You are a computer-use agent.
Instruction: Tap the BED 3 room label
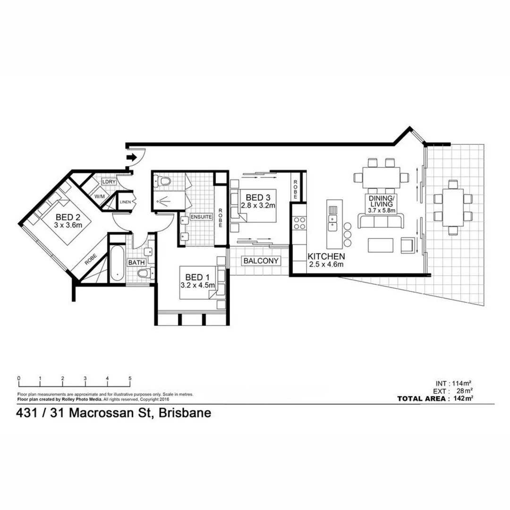tap(254, 197)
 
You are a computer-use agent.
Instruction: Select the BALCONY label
tap(261, 261)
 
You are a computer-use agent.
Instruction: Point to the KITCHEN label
tap(326, 256)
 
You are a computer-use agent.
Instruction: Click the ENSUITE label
tap(202, 217)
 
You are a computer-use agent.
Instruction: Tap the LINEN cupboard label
tap(125, 202)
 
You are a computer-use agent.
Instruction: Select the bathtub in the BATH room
tap(117, 263)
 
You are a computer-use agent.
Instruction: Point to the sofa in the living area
tap(381, 221)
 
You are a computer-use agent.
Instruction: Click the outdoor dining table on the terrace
tap(453, 208)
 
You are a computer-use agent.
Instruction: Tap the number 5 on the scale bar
tap(129, 378)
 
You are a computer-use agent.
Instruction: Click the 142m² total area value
tap(463, 399)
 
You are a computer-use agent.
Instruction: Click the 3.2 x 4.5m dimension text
tap(198, 285)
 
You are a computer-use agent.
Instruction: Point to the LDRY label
tap(109, 181)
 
